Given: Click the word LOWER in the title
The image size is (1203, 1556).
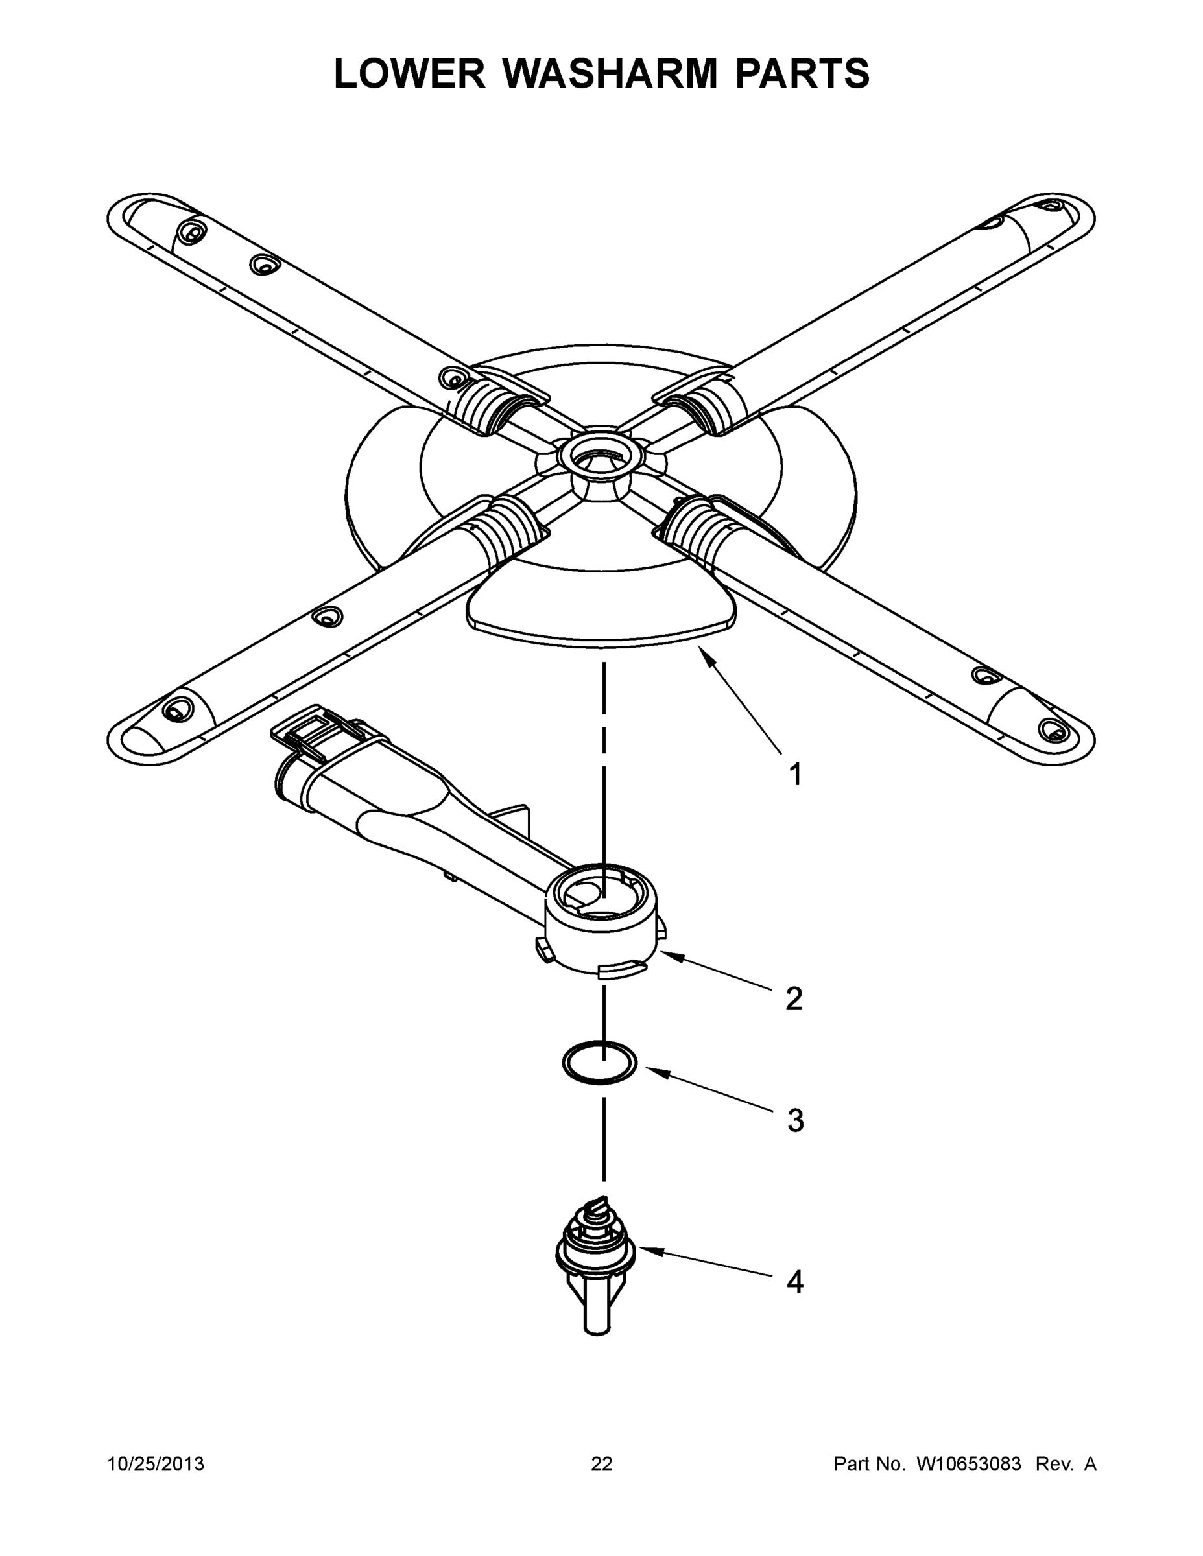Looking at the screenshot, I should click(409, 73).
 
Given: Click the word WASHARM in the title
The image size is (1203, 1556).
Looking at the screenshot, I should click(610, 73).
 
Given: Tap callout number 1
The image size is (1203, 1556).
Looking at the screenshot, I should click(795, 775).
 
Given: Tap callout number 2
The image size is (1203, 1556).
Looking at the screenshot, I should click(794, 999).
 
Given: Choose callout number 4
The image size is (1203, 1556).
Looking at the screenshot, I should click(794, 1282).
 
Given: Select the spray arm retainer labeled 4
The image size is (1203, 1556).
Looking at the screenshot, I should click(595, 1254).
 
